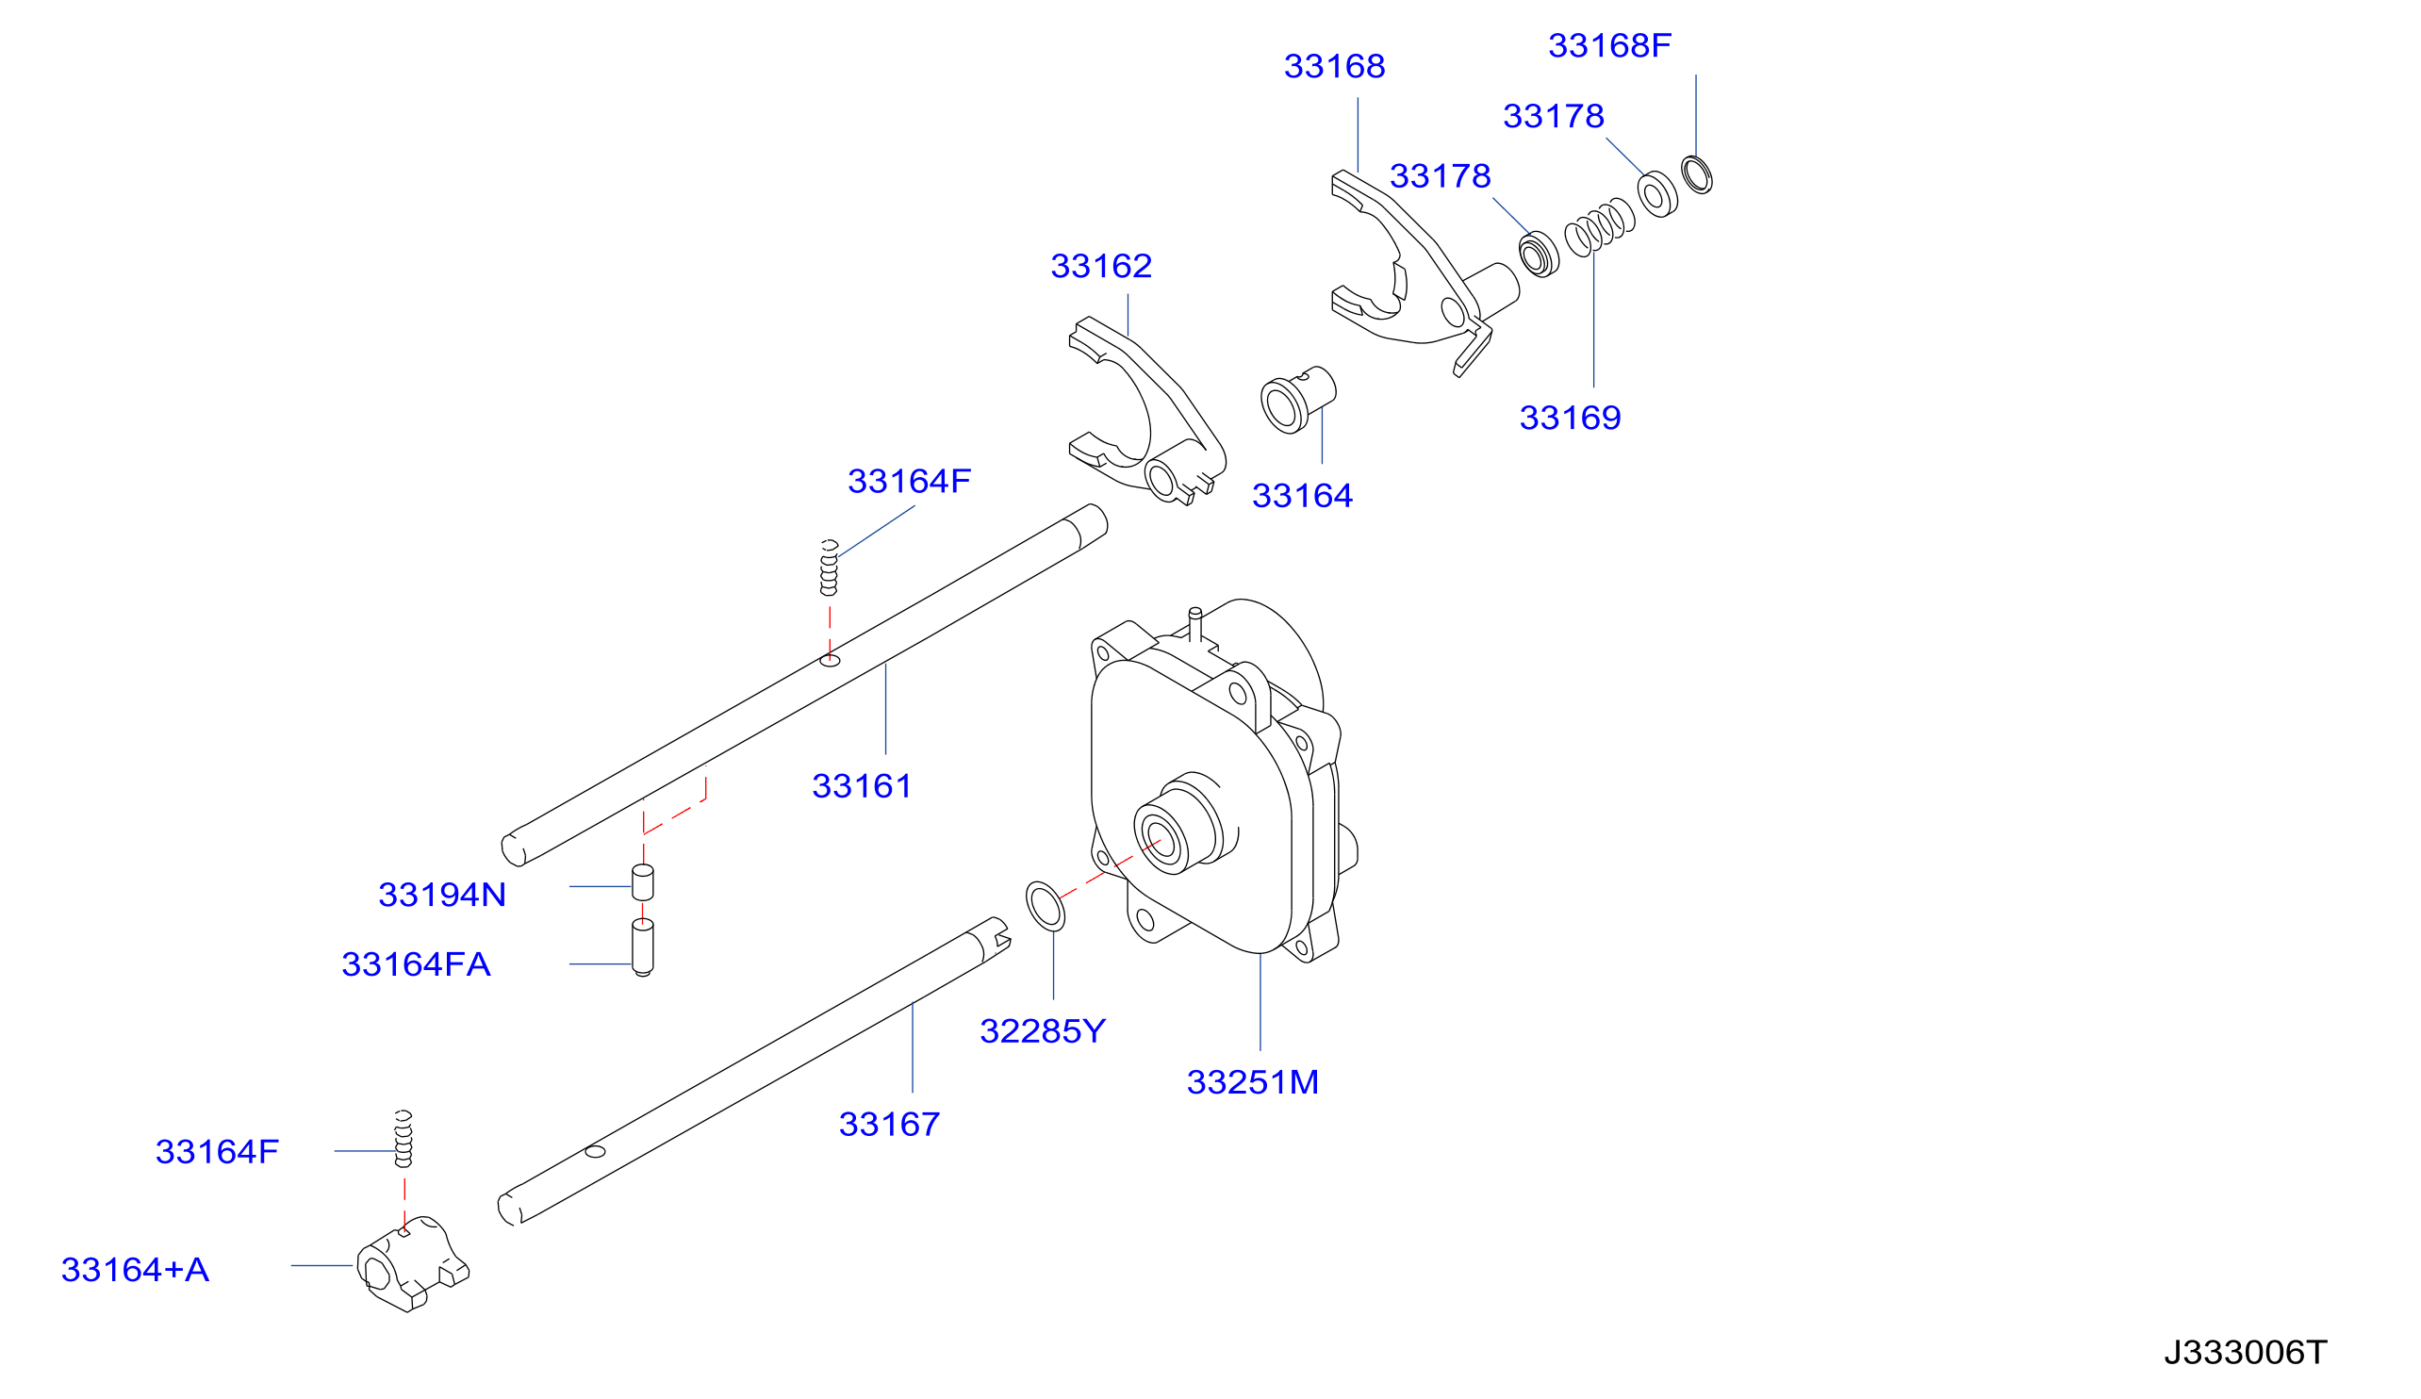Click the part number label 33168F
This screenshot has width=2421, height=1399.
[x=1609, y=45]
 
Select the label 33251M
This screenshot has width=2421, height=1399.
[x=1252, y=1082]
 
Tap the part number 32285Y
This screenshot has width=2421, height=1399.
[x=1043, y=1031]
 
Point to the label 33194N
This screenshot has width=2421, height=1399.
[x=442, y=895]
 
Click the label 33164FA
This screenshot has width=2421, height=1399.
[x=416, y=963]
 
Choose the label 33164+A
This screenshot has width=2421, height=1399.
[x=135, y=1269]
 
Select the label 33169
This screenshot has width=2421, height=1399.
[x=1570, y=417]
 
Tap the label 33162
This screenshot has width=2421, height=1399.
[x=1101, y=265]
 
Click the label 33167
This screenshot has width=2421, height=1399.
[x=889, y=1123]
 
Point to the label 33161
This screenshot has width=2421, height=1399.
[x=862, y=785]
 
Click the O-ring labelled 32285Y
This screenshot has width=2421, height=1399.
[x=1046, y=905]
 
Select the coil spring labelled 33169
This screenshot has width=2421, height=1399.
[x=1600, y=227]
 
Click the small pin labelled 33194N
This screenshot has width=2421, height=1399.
[x=643, y=882]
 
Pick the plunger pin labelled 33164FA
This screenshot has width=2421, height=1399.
[x=643, y=947]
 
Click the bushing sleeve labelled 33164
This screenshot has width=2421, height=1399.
[x=1298, y=400]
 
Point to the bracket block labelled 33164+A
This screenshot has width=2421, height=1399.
[x=412, y=1263]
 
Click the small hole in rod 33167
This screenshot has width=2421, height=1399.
[x=596, y=1151]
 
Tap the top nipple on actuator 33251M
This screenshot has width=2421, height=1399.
[x=1195, y=623]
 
